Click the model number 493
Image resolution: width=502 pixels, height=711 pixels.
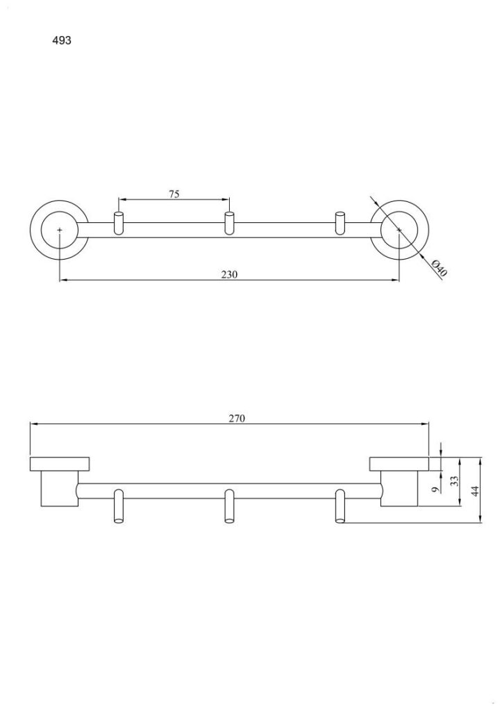click(62, 40)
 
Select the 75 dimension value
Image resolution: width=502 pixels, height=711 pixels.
click(174, 194)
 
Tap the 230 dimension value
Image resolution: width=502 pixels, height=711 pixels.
click(229, 274)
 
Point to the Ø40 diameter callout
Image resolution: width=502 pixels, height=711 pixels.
click(439, 267)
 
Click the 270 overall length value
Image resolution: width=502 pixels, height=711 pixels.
click(236, 418)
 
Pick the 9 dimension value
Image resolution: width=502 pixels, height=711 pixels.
click(435, 490)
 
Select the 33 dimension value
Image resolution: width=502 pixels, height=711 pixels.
click(454, 480)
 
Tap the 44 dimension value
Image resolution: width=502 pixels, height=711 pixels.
click(475, 490)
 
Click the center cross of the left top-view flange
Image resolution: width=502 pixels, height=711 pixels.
click(60, 230)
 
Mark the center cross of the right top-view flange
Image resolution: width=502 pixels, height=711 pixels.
click(399, 230)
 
